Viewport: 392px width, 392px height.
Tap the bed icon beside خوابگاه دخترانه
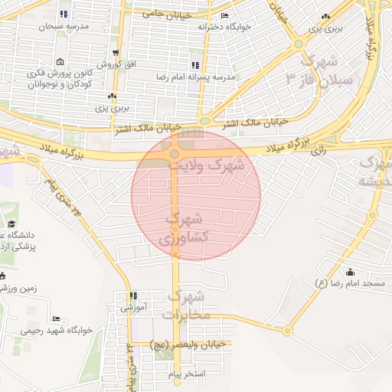[x=224, y=16]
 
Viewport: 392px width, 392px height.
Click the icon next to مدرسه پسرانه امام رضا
[x=195, y=65]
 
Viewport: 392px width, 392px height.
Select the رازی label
[x=318, y=151]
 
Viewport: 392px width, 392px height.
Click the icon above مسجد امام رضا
[x=350, y=271]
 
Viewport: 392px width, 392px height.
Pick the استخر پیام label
[x=186, y=375]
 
